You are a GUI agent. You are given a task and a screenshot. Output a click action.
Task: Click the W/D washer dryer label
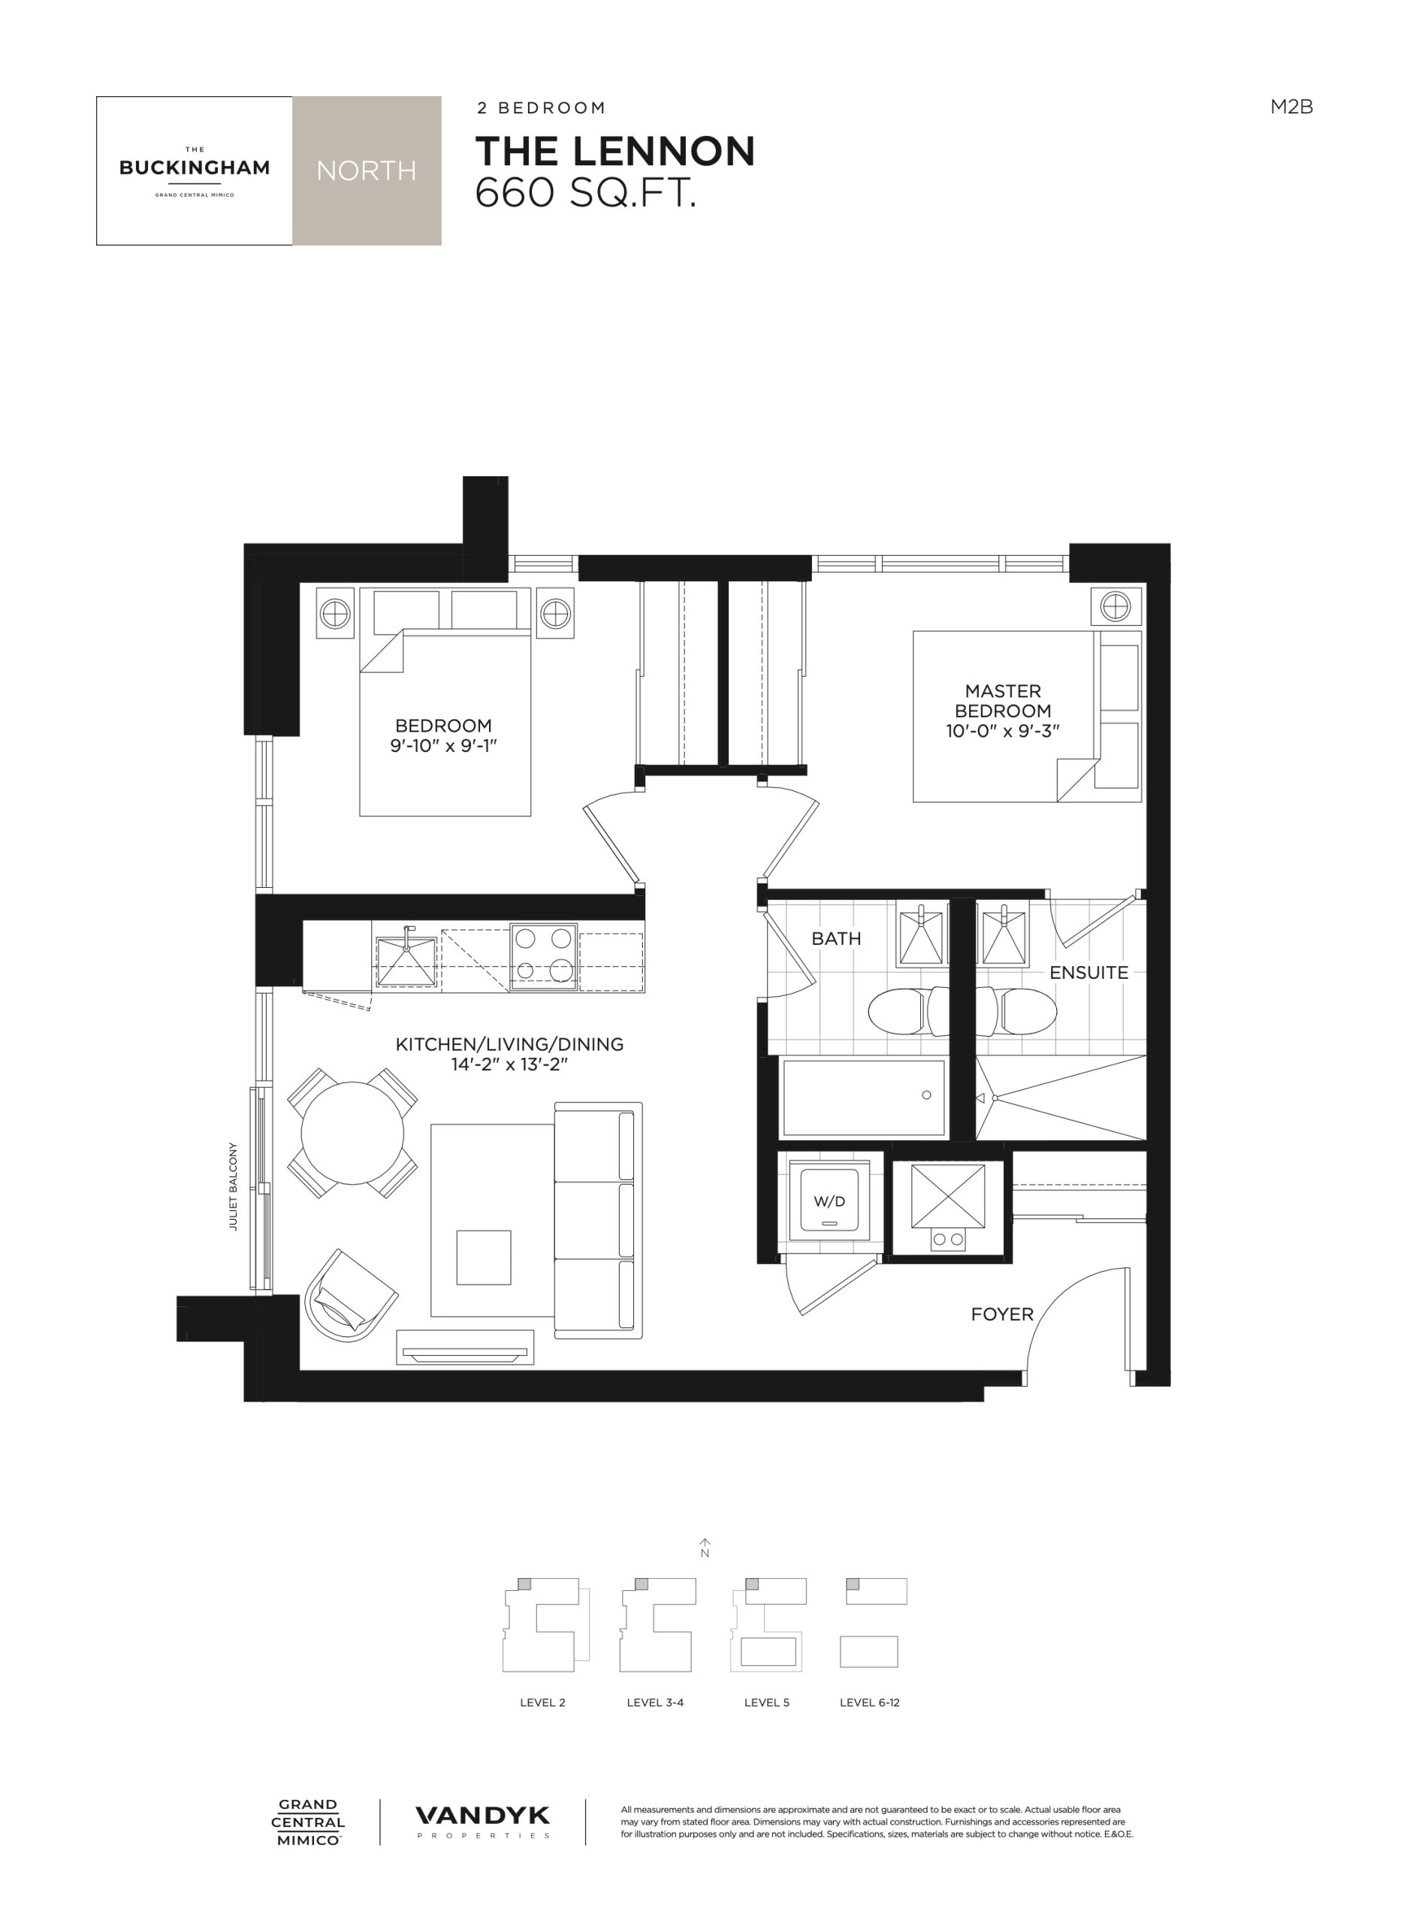(829, 1202)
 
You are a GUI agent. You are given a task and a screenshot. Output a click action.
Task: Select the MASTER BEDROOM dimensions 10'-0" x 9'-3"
(1003, 731)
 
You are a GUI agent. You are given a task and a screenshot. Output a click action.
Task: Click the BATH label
(835, 938)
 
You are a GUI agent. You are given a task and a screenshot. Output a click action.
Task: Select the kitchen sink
(406, 962)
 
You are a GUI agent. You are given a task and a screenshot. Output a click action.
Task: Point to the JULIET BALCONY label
(233, 1186)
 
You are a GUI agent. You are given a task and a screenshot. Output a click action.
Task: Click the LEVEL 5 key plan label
(766, 1702)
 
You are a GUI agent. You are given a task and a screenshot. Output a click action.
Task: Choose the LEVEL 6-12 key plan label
(870, 1702)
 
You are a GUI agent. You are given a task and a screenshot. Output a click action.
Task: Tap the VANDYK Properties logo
(482, 1822)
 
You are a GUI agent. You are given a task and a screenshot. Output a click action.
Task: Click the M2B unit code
(1291, 107)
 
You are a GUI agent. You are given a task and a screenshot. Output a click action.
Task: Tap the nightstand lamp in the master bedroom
(1116, 607)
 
